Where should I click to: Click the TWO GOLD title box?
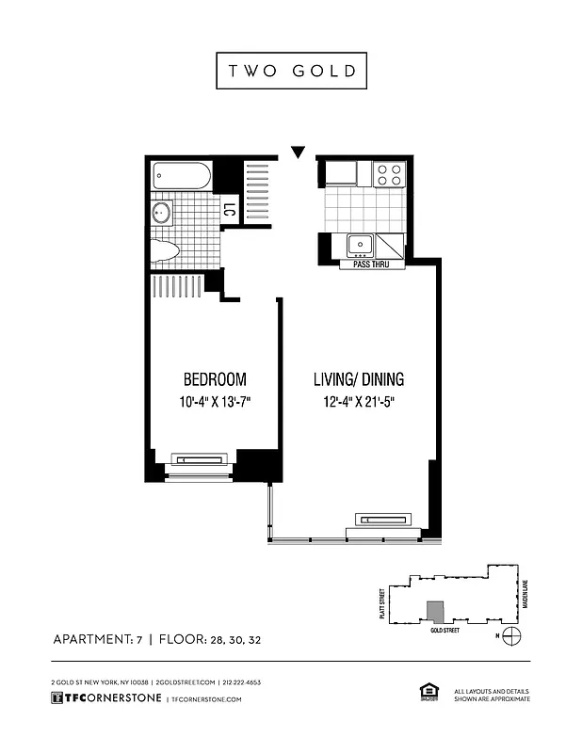[291, 71]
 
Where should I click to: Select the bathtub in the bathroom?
[182, 176]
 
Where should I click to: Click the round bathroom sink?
[163, 213]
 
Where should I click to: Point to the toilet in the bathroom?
[166, 250]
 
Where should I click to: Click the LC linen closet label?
[228, 211]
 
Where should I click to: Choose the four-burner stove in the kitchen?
[388, 174]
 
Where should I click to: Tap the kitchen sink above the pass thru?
[362, 246]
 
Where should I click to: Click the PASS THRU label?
[372, 264]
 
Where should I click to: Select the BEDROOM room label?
[215, 380]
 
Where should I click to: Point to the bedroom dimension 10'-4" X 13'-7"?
[215, 402]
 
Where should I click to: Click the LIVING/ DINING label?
[359, 380]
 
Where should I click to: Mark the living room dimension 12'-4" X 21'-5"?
[359, 402]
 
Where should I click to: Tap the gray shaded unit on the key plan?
[434, 611]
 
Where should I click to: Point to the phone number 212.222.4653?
[241, 681]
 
